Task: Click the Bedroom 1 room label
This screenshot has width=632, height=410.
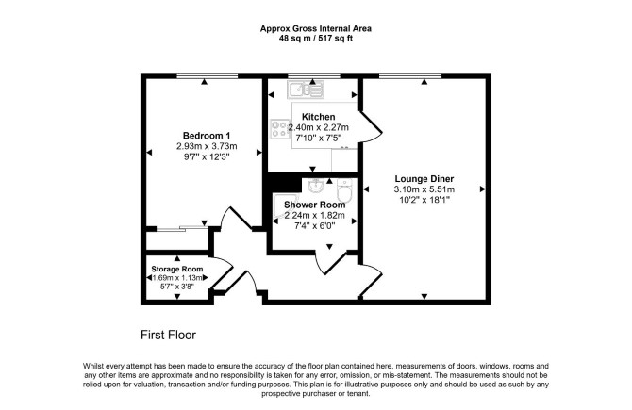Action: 207,136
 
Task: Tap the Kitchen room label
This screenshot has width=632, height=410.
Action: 319,117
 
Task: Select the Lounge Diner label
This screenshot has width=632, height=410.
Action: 424,179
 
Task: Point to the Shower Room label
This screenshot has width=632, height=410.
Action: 315,205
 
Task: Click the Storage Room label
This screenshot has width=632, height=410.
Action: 177,269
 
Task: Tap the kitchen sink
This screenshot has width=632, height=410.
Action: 306,90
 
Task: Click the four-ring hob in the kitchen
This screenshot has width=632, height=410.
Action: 280,129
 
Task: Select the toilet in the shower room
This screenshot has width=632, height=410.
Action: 344,191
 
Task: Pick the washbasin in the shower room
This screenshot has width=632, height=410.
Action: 316,186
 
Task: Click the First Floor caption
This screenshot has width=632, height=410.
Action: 168,336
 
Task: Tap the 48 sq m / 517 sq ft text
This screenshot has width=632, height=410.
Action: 316,39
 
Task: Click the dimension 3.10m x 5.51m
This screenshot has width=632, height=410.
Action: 424,189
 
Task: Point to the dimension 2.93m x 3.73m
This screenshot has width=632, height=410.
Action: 207,146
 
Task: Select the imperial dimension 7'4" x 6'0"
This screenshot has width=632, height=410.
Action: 315,226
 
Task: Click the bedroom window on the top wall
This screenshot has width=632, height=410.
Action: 208,75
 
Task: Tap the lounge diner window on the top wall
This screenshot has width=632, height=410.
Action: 410,75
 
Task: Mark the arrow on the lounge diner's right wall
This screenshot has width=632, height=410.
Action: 482,189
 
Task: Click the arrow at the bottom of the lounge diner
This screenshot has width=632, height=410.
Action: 424,296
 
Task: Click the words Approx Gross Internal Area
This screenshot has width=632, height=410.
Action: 316,28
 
